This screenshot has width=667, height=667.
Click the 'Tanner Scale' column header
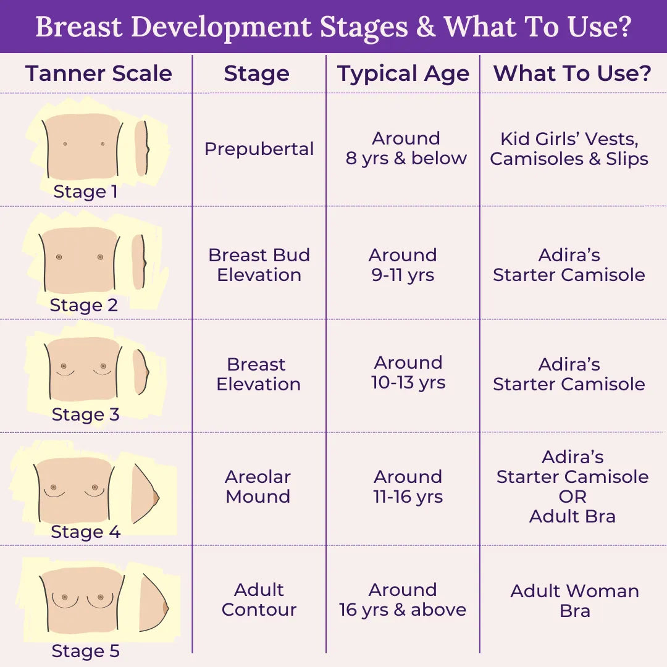click(x=99, y=73)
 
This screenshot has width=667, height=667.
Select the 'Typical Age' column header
click(x=403, y=74)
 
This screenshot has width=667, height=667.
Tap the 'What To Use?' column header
click(x=573, y=73)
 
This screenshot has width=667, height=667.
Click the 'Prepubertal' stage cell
click(x=259, y=149)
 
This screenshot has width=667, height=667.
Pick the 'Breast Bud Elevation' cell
click(x=259, y=265)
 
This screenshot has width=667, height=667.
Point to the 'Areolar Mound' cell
click(x=258, y=487)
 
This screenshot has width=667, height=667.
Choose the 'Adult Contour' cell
click(x=259, y=600)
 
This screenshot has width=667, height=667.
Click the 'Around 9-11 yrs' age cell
click(x=403, y=265)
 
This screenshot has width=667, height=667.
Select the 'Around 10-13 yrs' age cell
click(x=408, y=372)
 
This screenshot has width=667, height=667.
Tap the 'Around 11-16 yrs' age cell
click(x=408, y=487)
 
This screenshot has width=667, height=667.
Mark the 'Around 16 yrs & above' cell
click(x=403, y=600)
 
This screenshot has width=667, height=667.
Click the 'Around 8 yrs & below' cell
click(x=406, y=148)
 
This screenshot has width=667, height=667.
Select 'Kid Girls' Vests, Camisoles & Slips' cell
click(x=569, y=149)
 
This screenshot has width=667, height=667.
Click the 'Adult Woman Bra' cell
click(x=575, y=601)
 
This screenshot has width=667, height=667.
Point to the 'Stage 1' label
click(x=85, y=192)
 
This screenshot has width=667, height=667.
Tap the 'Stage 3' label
click(x=85, y=415)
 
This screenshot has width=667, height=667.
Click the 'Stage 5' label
click(x=85, y=651)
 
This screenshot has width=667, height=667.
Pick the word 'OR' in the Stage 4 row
click(x=573, y=497)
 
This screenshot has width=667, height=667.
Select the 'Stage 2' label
click(x=84, y=305)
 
